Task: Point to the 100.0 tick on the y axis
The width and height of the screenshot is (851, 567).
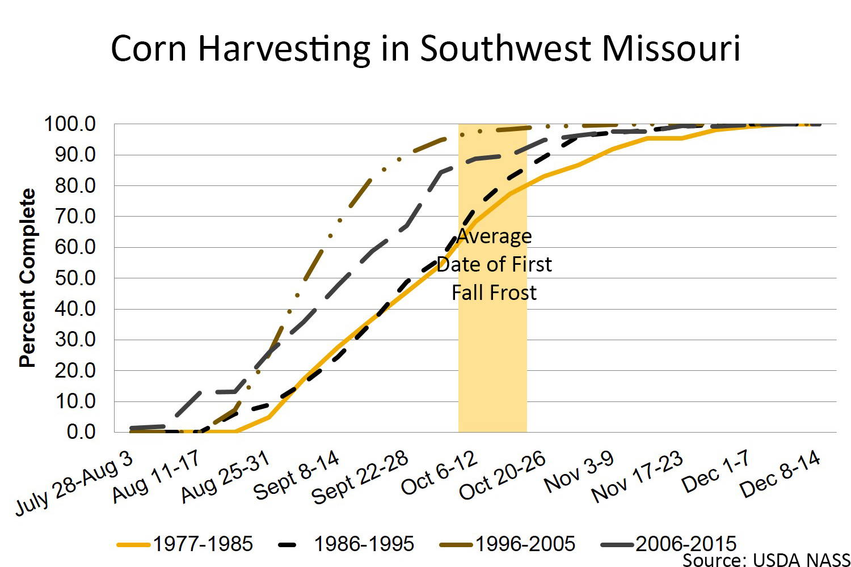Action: coord(70,124)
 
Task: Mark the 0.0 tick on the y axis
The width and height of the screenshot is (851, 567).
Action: coord(81,431)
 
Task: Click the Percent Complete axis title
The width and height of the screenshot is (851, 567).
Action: coord(27,278)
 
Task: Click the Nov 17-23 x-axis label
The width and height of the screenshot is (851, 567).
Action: coord(637,477)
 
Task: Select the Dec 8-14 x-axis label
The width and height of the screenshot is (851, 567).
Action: coord(780,473)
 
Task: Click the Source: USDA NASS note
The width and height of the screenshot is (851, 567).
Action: coord(766,560)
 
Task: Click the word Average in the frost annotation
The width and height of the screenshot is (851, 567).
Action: coord(494,236)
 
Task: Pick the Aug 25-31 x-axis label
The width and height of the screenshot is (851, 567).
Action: coord(225,477)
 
